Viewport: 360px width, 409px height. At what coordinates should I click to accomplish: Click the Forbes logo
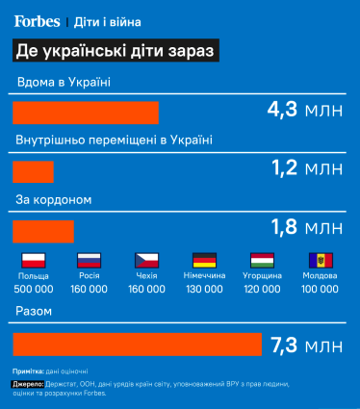point(37,20)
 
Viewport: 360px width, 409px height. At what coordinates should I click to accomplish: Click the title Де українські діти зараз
point(115,49)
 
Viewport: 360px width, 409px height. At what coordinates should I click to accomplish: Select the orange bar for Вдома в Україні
point(85,112)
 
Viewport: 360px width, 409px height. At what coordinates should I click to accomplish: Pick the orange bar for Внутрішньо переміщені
point(34,171)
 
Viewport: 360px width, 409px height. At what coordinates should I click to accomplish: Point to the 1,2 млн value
point(306,169)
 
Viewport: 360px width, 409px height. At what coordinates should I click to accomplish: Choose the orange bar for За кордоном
point(43,232)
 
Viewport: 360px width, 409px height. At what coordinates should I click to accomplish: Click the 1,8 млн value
point(306,228)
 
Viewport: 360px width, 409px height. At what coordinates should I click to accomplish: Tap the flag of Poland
point(34,260)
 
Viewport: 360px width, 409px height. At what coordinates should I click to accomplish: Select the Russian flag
point(89,260)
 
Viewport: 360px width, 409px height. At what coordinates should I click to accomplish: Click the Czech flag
point(146,260)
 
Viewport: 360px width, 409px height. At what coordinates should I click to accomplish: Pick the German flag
point(204,260)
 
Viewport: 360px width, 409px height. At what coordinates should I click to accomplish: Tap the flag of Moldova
point(320,260)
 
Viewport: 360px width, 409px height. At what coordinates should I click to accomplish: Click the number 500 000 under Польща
point(34,288)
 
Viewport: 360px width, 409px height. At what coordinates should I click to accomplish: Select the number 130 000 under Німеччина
point(204,288)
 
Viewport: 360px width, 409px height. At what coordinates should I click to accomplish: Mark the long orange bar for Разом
point(138,344)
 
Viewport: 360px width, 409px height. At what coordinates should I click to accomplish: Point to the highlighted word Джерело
point(34,383)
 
